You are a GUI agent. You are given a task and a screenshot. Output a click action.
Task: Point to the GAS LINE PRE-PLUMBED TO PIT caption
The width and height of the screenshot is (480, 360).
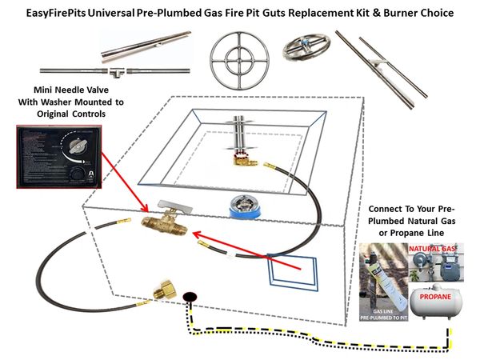coord(381,313)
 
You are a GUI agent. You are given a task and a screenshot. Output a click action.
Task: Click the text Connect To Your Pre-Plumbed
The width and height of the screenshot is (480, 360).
coord(415,211)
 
